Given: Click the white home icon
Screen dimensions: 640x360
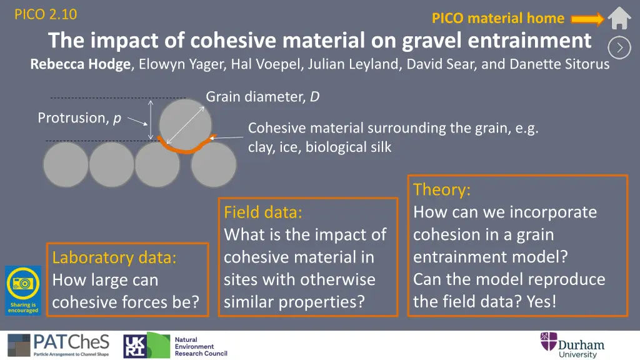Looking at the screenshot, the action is pyautogui.click(x=619, y=18).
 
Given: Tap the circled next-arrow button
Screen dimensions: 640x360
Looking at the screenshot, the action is pyautogui.click(x=619, y=47).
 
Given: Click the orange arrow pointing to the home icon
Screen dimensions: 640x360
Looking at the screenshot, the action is pyautogui.click(x=587, y=19).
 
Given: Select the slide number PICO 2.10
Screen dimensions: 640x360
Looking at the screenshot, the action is pyautogui.click(x=46, y=14).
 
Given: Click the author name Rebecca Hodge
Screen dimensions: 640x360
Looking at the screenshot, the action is pyautogui.click(x=81, y=64).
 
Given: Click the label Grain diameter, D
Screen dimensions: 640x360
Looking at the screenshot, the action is pyautogui.click(x=262, y=97).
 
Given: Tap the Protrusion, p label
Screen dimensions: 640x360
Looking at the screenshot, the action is pyautogui.click(x=79, y=118).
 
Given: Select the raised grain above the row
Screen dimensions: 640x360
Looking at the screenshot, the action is pyautogui.click(x=185, y=124).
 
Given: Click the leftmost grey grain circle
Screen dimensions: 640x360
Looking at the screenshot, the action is pyautogui.click(x=66, y=164).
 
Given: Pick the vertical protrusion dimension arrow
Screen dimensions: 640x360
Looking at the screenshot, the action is pyautogui.click(x=151, y=119).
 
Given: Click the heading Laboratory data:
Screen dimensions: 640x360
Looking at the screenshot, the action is pyautogui.click(x=114, y=257).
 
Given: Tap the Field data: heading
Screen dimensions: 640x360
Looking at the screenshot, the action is pyautogui.click(x=263, y=212).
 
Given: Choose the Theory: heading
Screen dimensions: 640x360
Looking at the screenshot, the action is pyautogui.click(x=442, y=190).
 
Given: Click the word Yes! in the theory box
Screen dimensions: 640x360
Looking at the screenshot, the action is pyautogui.click(x=541, y=302).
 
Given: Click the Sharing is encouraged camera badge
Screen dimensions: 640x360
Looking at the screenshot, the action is pyautogui.click(x=23, y=290).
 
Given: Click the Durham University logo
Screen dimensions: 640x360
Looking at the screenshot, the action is pyautogui.click(x=572, y=345).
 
